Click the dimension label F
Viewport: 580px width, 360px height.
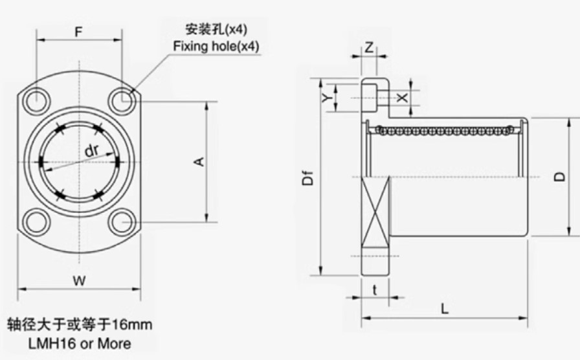click(78, 32)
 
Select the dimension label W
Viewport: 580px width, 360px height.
click(79, 281)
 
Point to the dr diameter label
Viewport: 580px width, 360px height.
click(92, 150)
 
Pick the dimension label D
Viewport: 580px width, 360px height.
click(560, 177)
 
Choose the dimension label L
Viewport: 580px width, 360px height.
click(445, 309)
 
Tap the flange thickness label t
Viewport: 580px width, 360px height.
click(375, 290)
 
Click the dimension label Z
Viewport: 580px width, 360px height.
click(369, 48)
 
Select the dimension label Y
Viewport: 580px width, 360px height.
click(326, 98)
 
